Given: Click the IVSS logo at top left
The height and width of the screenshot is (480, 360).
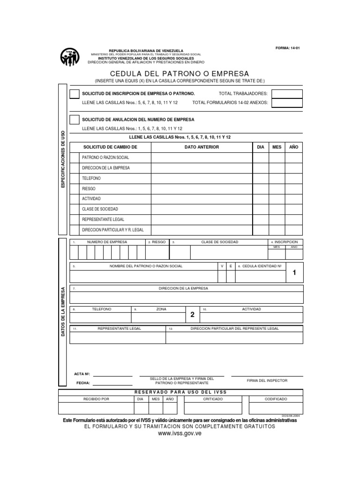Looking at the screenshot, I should click(x=70, y=57).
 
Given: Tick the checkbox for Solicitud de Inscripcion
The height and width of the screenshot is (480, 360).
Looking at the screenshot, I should click(x=74, y=94).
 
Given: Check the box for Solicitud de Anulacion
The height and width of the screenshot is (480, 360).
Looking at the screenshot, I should click(x=74, y=120).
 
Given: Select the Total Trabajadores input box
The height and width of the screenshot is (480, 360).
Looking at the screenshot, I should click(x=287, y=94).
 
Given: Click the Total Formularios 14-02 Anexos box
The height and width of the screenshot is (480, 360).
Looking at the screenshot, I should click(x=287, y=103).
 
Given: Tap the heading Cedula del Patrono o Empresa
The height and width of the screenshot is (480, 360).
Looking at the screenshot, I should click(x=180, y=74).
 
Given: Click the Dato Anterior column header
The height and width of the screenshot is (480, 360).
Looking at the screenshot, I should click(x=202, y=147).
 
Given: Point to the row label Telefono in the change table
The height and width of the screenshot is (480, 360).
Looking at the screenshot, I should click(x=91, y=179).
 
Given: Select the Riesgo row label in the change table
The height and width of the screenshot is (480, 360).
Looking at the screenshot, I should click(x=89, y=189).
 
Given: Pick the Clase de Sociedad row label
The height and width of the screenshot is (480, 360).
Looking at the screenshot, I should click(x=100, y=209).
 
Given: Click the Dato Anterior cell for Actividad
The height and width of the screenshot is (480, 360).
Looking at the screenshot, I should click(x=202, y=199).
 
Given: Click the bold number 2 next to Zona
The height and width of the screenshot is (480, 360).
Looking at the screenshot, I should click(x=192, y=315).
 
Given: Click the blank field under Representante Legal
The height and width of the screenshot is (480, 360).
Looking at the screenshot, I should click(x=117, y=337).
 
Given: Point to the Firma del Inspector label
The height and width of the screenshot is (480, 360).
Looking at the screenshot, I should click(x=267, y=381).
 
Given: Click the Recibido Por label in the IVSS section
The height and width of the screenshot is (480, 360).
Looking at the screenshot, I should click(x=96, y=399).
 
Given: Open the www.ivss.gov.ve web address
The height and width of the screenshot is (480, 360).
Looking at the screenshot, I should click(x=180, y=435).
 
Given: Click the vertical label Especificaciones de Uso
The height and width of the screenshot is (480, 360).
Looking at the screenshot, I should click(x=63, y=160).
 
